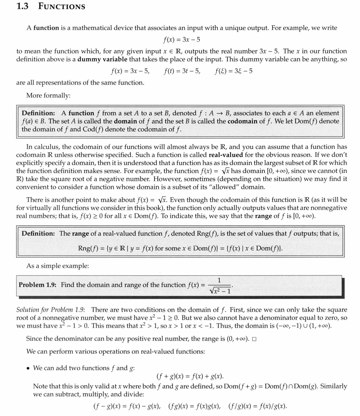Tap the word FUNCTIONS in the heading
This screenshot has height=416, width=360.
[62, 7]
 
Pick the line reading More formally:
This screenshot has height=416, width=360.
[48, 95]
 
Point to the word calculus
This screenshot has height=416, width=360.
[46, 147]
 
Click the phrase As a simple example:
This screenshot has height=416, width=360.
[57, 266]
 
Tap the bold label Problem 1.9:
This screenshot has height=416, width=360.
[37, 285]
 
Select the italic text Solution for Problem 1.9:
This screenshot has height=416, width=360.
[51, 310]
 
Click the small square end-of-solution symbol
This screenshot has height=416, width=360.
[254, 339]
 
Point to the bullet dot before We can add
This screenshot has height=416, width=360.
[28, 368]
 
